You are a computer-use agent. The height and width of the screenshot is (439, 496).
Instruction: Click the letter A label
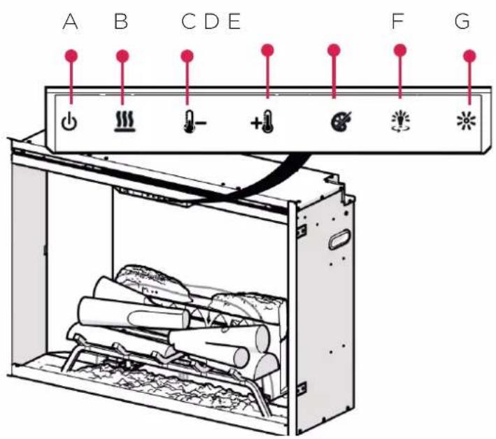[x=71, y=22]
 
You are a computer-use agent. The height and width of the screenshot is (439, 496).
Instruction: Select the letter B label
[x=121, y=22]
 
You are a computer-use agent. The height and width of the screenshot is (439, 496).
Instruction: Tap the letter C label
[x=189, y=22]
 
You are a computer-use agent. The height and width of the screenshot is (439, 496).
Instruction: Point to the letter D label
[x=212, y=22]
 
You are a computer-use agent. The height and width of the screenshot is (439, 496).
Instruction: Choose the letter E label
[x=234, y=22]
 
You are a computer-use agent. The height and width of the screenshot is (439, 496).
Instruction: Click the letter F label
[x=397, y=22]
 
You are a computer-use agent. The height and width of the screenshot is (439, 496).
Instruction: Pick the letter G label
[x=462, y=22]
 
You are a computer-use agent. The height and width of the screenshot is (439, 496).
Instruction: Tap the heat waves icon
[x=125, y=122]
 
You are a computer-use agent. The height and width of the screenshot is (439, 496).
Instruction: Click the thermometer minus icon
[x=194, y=122]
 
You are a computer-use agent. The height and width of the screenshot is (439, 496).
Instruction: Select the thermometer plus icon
[x=262, y=122]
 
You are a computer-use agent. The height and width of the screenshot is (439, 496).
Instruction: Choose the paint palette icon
[x=341, y=121]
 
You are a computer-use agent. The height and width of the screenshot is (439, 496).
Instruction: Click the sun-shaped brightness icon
[x=466, y=120]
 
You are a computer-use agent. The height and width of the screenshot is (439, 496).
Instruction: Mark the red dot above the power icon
[x=71, y=56]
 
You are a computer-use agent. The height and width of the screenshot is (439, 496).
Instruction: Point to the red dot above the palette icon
[x=334, y=50]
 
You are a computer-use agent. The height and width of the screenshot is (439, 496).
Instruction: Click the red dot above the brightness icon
[x=469, y=56]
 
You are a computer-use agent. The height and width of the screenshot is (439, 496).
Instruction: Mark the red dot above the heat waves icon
[x=122, y=56]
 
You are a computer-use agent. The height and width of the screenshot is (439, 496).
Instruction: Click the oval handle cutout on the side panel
[x=339, y=239]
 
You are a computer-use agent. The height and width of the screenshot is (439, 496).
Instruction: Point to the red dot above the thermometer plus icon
[x=268, y=50]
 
